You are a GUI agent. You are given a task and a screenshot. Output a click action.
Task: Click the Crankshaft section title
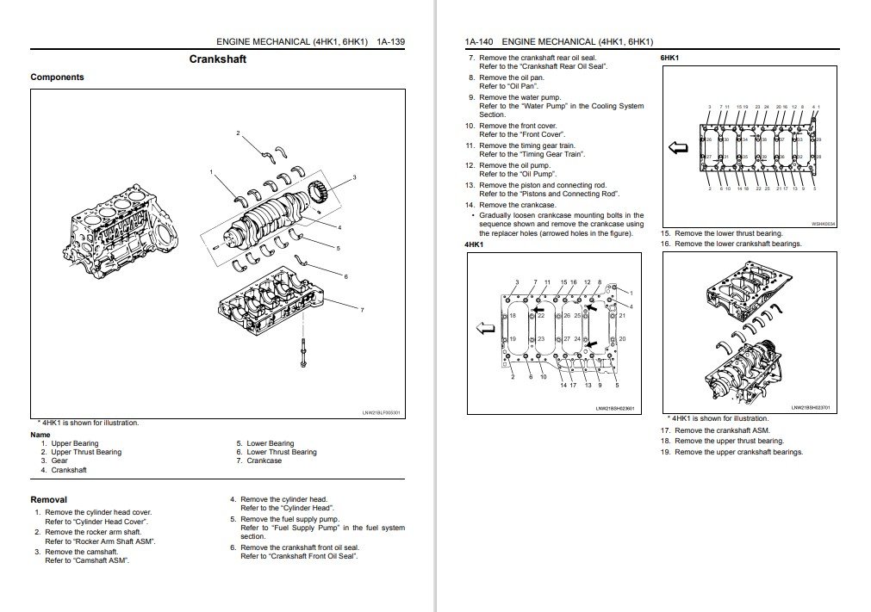[217, 59]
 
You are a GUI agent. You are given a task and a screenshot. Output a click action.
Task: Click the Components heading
[57, 77]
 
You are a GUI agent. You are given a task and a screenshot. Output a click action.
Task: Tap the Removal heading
[48, 499]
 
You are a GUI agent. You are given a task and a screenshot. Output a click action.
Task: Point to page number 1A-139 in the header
[390, 41]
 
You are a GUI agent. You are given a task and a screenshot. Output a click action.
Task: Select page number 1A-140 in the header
[480, 41]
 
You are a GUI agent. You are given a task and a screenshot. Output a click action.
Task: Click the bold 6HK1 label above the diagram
[669, 58]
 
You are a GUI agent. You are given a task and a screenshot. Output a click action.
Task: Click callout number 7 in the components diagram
[362, 310]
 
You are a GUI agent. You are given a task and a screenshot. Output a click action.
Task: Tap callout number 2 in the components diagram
[239, 133]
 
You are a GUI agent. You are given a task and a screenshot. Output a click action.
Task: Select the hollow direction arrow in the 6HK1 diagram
[678, 147]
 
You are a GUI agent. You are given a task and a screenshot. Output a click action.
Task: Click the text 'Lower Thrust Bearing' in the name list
[282, 452]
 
